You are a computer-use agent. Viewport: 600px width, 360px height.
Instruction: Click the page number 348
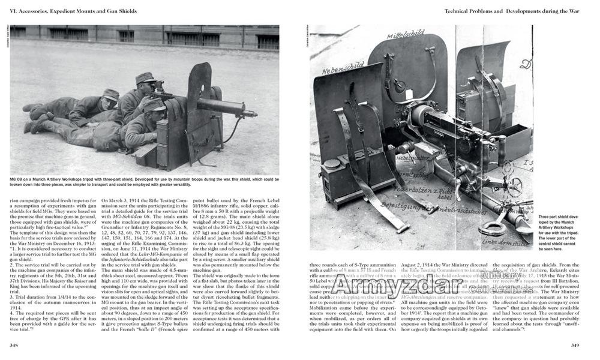15,345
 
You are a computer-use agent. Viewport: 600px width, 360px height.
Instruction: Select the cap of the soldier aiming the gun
145,78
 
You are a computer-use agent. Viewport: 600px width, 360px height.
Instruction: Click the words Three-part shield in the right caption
555,217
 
